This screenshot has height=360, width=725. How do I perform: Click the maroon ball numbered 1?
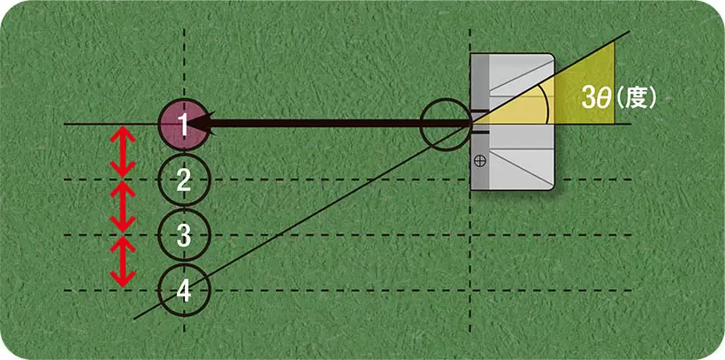click(x=183, y=125)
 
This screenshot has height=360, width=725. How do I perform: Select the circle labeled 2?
click(x=183, y=180)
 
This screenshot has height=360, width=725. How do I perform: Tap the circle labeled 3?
click(x=183, y=234)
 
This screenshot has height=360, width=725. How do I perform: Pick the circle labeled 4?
click(x=183, y=289)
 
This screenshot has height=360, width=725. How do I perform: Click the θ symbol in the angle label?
click(x=601, y=98)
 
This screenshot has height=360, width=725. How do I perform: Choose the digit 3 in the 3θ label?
click(x=587, y=98)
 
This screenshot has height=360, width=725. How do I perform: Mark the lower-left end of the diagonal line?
click(x=134, y=318)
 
